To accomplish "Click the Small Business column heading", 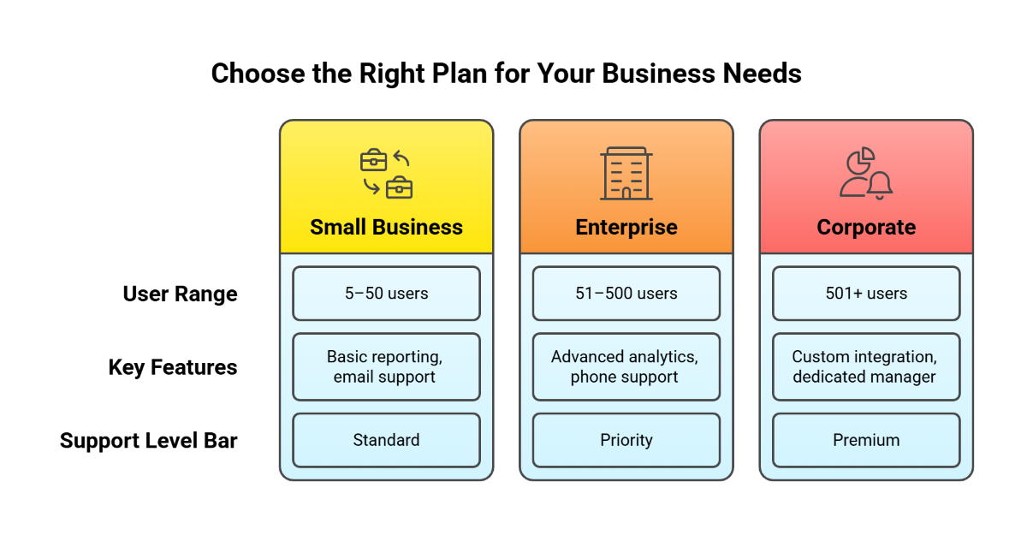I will coord(386,228).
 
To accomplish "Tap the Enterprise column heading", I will coord(626,228).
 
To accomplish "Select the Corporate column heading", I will coord(866,228).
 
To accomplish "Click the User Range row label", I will coord(180,294).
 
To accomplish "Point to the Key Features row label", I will coord(173,368).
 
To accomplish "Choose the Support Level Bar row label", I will coord(149,441).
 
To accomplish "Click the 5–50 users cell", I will coord(386,294).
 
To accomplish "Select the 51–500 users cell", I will coord(626,294).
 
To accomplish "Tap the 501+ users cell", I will coord(866,294).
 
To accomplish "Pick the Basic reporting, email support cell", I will coord(386,366).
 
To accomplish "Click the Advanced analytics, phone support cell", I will coord(626,366).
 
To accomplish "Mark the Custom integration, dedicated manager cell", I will coord(866,366).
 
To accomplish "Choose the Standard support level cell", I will coord(386,440).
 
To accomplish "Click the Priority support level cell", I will coord(626,440).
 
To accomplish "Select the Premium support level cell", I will coord(866,440).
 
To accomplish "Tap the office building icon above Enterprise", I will coord(626,174).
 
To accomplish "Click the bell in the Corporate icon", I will coord(880,185).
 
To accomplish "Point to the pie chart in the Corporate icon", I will coord(860,160).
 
